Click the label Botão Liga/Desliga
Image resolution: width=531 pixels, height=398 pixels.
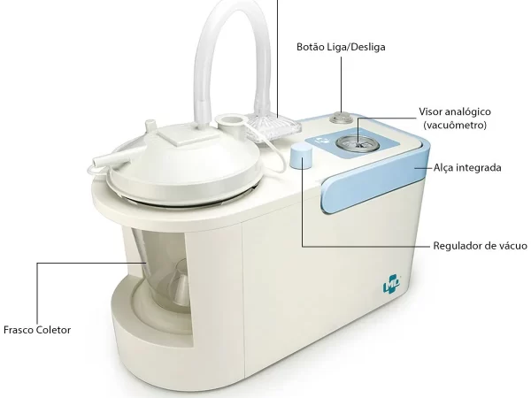341,47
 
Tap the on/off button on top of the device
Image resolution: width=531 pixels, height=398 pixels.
341,119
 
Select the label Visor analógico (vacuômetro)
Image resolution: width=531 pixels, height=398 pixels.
455,119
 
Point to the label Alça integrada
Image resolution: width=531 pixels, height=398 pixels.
467,167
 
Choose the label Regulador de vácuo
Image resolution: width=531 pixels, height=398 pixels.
481,245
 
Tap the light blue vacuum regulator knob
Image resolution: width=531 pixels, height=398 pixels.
302,156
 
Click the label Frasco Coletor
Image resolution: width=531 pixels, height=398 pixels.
37,330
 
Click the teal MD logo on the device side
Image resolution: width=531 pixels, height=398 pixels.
392,284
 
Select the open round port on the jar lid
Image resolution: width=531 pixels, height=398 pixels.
232,119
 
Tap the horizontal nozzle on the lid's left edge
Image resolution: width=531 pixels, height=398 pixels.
108,158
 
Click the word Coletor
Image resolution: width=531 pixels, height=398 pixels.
53,330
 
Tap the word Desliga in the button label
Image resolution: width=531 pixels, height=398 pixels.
368,47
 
